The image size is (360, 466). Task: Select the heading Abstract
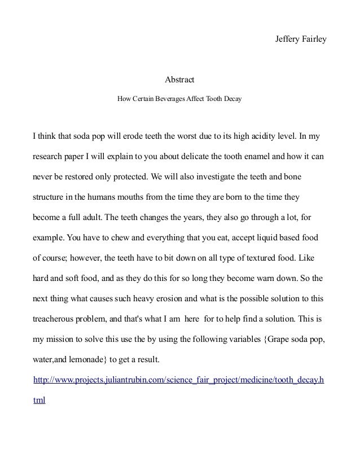179,81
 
